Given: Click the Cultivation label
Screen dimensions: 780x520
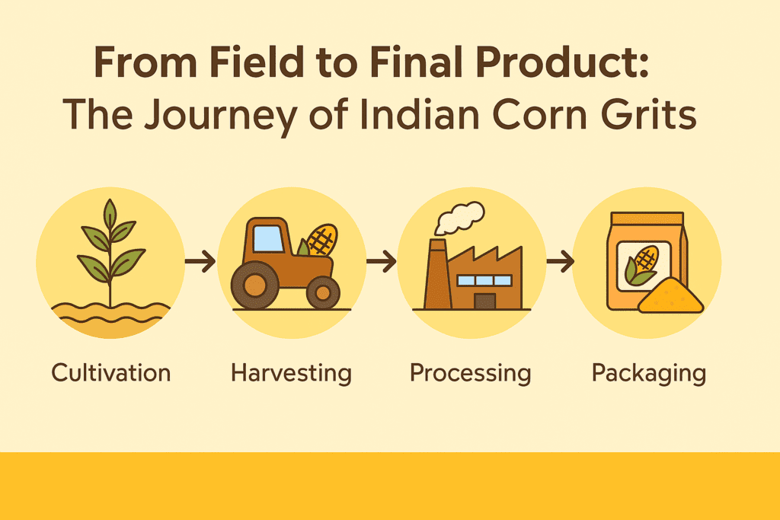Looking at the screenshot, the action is coord(111,373).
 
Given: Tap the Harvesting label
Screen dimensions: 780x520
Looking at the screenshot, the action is coord(291,374).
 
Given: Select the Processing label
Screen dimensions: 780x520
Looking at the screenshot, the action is coord(470,374).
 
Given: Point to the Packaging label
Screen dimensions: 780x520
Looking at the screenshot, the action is coord(649,374).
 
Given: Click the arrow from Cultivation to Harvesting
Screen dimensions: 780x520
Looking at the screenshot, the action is coord(200,261).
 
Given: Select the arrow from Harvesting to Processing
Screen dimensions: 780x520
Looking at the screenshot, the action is coord(381,261).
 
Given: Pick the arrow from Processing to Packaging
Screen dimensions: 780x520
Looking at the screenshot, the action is coord(560,261).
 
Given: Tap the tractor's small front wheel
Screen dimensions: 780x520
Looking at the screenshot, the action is coord(323,293).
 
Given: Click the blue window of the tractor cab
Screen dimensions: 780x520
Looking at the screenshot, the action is coord(268,239).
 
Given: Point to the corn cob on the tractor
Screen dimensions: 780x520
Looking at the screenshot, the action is coord(322,240).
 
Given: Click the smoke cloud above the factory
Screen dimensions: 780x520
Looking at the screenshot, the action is coord(459,218).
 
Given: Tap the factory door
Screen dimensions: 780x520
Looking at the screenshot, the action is coord(484,301).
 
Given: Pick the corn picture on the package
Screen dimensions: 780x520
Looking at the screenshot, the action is coord(642,266).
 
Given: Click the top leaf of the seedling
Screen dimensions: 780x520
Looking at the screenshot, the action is coord(110,215).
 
